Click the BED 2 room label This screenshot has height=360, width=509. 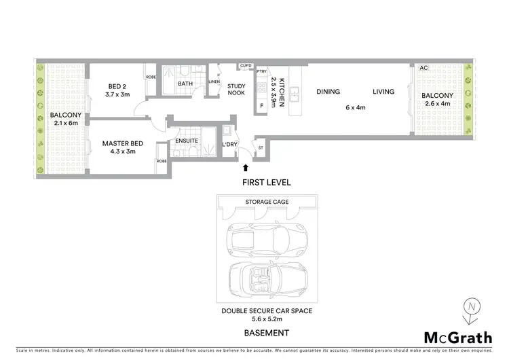coord(114,86)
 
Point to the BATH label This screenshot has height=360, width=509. coord(185,84)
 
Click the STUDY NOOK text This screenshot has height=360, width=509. coord(236,90)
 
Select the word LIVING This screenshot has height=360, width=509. coord(383,91)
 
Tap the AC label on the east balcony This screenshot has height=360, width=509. coord(423,69)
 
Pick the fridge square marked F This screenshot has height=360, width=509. coord(261,106)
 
